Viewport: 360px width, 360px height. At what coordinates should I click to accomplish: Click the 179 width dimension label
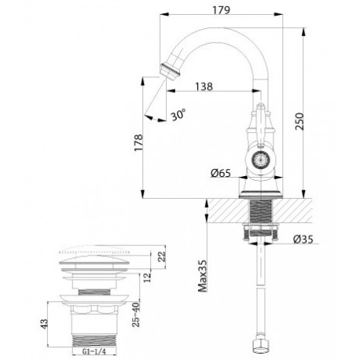(x=221, y=10)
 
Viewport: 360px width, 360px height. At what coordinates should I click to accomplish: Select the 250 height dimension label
(x=299, y=121)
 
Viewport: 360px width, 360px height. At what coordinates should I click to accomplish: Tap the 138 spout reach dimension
(x=204, y=86)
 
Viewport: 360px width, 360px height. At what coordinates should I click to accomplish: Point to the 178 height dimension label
(x=138, y=142)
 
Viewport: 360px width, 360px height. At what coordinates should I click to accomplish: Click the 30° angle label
(x=179, y=115)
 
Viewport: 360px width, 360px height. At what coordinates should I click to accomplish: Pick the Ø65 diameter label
(x=221, y=173)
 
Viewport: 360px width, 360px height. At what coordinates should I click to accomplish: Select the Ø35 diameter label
(x=303, y=239)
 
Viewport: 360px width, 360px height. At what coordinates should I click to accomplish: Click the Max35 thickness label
(x=202, y=276)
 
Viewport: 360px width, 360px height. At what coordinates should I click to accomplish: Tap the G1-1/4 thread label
(x=94, y=351)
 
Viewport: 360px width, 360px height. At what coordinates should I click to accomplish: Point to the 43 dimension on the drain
(x=45, y=324)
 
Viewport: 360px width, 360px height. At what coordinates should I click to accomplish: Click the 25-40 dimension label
(x=136, y=314)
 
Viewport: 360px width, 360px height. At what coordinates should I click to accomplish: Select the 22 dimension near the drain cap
(x=162, y=256)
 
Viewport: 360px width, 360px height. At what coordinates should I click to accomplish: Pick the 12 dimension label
(x=148, y=277)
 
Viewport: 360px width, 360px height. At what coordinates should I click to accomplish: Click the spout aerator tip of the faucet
(x=170, y=71)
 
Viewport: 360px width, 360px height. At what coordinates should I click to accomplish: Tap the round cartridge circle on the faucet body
(x=260, y=159)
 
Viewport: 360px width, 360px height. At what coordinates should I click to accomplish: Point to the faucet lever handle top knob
(x=260, y=106)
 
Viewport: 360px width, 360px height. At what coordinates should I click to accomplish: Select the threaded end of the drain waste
(x=94, y=340)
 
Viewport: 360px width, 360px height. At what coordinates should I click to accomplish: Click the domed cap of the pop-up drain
(x=94, y=260)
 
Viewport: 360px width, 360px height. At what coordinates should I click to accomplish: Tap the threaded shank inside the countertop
(x=260, y=211)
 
